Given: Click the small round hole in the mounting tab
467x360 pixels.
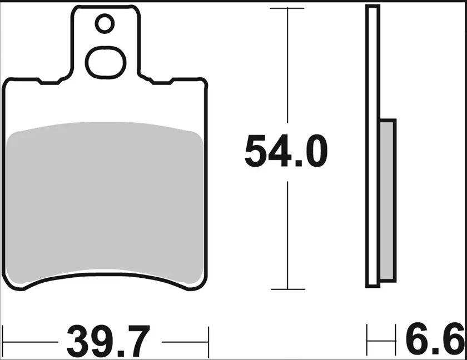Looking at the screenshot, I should click(x=105, y=24).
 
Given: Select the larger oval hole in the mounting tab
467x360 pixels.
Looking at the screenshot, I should click(x=105, y=62).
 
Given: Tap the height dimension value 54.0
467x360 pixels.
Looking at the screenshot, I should click(x=286, y=151).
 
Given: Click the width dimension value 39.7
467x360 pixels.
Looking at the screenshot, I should click(x=108, y=341).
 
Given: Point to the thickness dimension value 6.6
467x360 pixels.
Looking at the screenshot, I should click(x=435, y=340).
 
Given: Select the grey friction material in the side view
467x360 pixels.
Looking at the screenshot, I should click(x=387, y=200).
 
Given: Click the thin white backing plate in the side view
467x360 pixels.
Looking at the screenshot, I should click(x=372, y=147).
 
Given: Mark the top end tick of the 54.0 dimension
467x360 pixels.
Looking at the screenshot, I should click(x=287, y=8).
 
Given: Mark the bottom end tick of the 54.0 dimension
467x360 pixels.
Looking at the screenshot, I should click(x=287, y=289).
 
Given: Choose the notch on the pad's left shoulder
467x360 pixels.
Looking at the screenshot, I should click(x=49, y=83).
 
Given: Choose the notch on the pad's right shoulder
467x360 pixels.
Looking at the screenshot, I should click(x=161, y=83).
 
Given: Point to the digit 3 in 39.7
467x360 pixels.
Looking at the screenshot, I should click(x=79, y=341).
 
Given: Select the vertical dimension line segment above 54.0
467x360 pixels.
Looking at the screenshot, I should click(x=287, y=67).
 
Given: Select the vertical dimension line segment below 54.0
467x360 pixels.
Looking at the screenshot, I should click(x=287, y=233).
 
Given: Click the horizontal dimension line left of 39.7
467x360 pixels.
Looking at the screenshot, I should click(x=31, y=339).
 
